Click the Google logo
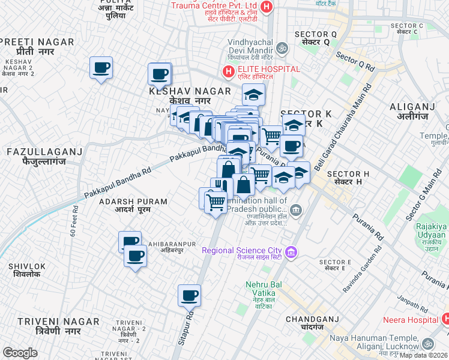coord(20,353)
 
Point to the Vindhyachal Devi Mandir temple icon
coord(282,47)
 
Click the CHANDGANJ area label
coord(313,319)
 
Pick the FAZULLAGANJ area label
coord(44,152)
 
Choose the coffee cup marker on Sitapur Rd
coord(189,295)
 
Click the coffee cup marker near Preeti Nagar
coord(101,67)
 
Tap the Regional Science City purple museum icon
coord(291,250)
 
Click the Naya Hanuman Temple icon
coord(427,343)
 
